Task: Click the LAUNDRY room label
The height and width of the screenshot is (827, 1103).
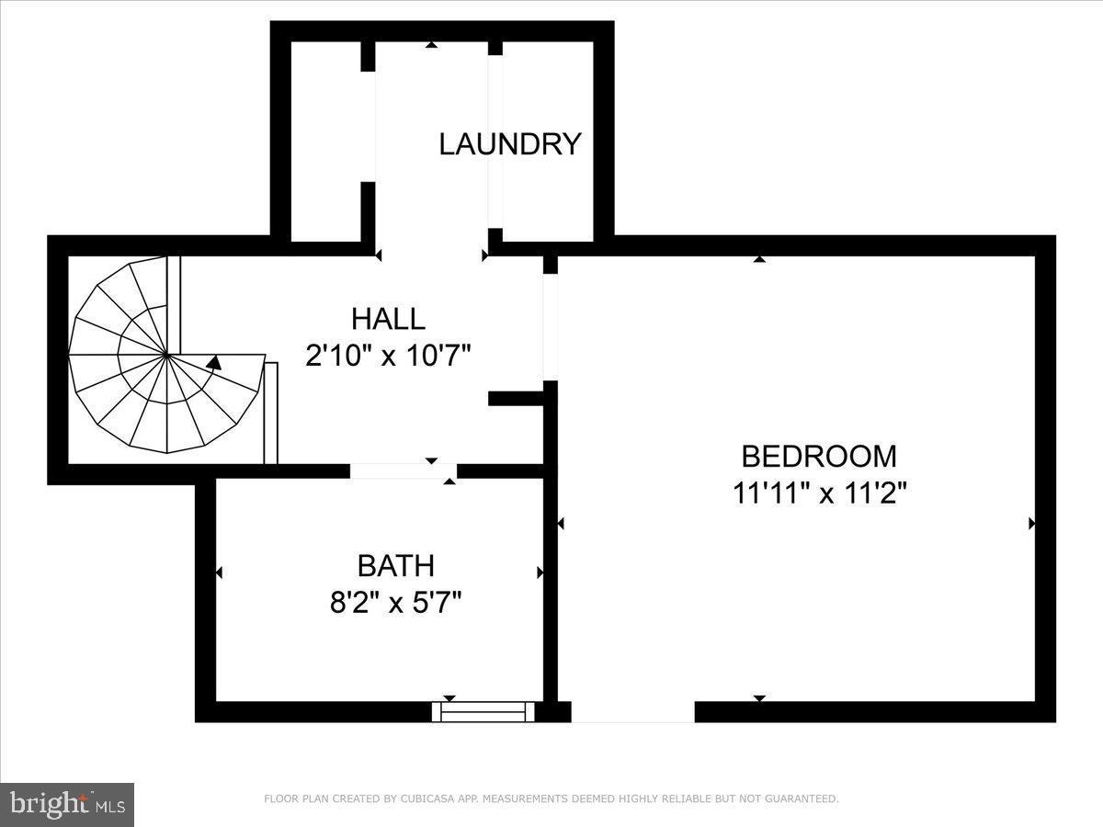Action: click(510, 144)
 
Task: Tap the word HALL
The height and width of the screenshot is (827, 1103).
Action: click(388, 319)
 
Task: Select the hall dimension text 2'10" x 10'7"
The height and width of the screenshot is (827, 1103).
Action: click(388, 355)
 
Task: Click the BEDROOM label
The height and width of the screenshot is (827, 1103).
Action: click(819, 456)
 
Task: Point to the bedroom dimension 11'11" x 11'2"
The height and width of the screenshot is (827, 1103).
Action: click(819, 493)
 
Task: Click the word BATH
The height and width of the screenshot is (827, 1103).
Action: click(395, 565)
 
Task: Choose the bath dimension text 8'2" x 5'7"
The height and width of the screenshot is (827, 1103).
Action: click(395, 603)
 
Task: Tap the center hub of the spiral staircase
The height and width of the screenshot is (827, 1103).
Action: click(166, 354)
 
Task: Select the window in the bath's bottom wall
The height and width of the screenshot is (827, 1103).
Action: click(483, 711)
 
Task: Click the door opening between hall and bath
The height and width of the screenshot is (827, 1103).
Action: click(404, 470)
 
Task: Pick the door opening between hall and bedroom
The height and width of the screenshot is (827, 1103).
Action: click(550, 326)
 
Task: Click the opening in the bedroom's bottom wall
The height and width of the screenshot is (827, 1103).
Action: click(632, 712)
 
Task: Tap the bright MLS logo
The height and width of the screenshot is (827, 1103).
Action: click(67, 805)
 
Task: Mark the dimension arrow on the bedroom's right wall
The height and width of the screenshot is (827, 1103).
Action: click(1031, 524)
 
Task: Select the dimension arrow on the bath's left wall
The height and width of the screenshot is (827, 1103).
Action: click(219, 572)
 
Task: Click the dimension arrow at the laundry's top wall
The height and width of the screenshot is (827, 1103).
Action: click(431, 44)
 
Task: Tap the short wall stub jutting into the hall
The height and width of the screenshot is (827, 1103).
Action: click(517, 398)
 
